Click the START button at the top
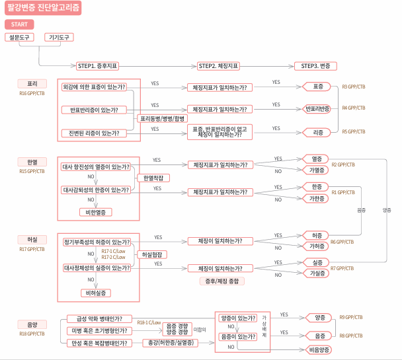click(x=19, y=24)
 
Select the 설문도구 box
click(x=20, y=37)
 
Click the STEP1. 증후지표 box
click(x=97, y=66)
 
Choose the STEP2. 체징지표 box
click(x=218, y=66)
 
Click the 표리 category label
click(x=32, y=85)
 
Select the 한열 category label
click(x=32, y=161)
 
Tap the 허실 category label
click(x=32, y=241)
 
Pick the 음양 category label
click(x=32, y=325)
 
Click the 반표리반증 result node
click(x=318, y=108)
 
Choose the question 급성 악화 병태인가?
click(x=99, y=318)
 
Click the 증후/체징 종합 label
click(x=221, y=281)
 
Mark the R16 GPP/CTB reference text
click(x=32, y=93)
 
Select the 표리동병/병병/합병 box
click(x=161, y=118)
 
